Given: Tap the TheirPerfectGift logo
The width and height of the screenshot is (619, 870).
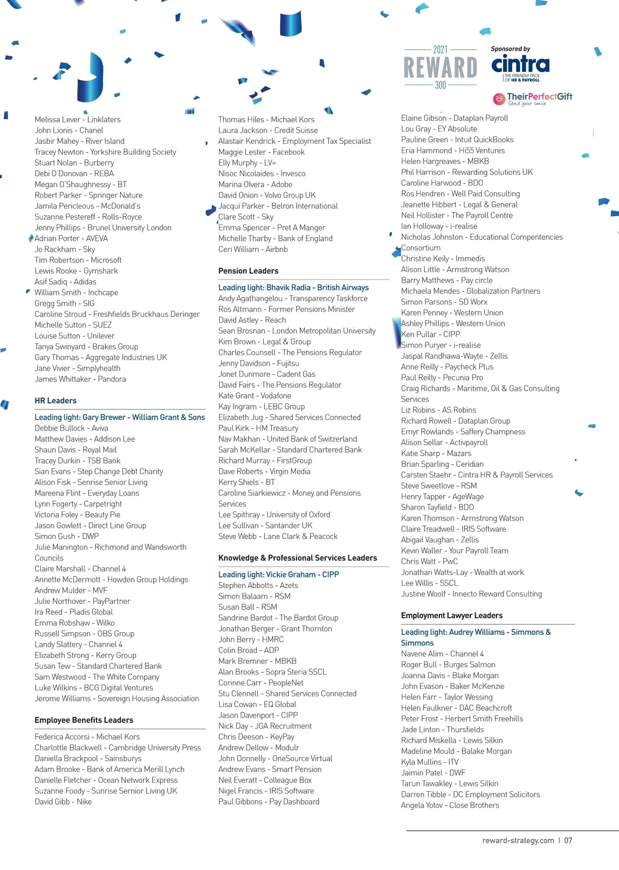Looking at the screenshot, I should click(533, 98).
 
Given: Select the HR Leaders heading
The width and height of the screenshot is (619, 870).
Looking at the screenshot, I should click(56, 401).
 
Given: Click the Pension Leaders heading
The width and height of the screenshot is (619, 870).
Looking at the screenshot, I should click(248, 271).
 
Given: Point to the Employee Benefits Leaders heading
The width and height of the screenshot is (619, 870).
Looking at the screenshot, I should click(84, 720).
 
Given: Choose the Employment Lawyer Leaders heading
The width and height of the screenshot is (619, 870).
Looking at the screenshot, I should click(451, 615).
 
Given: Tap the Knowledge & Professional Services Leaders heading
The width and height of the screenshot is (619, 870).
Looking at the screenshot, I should click(297, 558).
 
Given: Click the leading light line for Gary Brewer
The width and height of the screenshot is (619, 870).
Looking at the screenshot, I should click(120, 417).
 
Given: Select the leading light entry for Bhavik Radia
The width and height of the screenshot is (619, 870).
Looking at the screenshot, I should click(294, 287).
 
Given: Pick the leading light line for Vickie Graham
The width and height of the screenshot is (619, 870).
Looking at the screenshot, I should click(279, 574).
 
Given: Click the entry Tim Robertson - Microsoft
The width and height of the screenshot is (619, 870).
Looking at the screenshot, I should click(78, 260).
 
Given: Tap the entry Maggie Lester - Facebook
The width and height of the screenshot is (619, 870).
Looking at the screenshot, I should click(261, 152).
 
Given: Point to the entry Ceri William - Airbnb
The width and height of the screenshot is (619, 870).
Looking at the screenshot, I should click(253, 249).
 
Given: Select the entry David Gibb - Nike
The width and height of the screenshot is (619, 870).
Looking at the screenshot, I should click(63, 801).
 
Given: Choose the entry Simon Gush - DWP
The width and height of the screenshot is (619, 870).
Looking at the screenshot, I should click(67, 536).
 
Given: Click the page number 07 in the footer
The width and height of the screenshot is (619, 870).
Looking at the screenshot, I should click(568, 840).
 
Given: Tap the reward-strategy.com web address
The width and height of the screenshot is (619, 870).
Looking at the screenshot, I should click(518, 840).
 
